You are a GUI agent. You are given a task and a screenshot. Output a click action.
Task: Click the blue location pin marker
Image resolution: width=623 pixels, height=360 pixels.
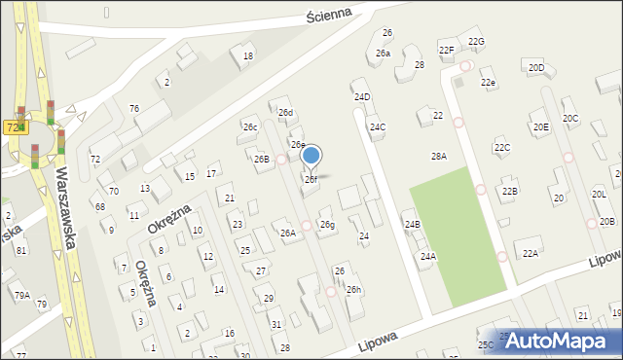click(x=311, y=156)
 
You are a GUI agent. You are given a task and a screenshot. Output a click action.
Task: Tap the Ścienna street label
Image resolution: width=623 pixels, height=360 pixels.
click(x=305, y=18)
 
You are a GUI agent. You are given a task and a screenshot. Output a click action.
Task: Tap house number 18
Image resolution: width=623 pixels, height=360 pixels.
click(x=248, y=56)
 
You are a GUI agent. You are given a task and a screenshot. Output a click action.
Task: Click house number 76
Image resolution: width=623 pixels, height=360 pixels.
click(x=134, y=108)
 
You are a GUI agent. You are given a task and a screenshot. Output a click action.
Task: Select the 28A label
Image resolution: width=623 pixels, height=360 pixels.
click(x=439, y=156)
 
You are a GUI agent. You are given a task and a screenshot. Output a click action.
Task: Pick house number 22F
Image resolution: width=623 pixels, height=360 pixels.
click(x=446, y=50)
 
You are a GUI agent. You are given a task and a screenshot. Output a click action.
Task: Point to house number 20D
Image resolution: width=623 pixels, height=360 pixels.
click(x=536, y=67)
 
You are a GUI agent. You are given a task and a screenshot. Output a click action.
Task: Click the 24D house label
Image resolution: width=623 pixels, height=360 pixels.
click(x=362, y=97)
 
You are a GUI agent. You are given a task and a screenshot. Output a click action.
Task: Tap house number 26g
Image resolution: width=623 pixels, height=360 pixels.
click(x=328, y=225)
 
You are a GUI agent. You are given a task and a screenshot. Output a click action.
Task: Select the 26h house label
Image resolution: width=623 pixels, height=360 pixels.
click(x=353, y=290)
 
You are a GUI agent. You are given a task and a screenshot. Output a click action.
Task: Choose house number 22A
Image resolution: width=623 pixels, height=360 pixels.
click(x=530, y=253)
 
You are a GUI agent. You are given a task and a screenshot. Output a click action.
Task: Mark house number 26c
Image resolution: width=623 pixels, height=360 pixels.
click(x=250, y=127)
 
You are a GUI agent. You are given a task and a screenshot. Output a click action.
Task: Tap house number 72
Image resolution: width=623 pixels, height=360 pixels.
click(x=95, y=159)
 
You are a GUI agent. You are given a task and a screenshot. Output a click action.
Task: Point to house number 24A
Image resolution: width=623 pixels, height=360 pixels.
click(x=428, y=256)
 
